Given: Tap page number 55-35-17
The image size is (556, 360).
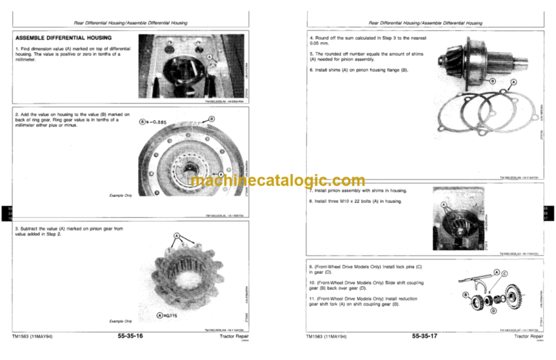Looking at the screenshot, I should (429, 336).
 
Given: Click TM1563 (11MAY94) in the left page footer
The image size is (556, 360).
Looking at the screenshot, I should (32, 336).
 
